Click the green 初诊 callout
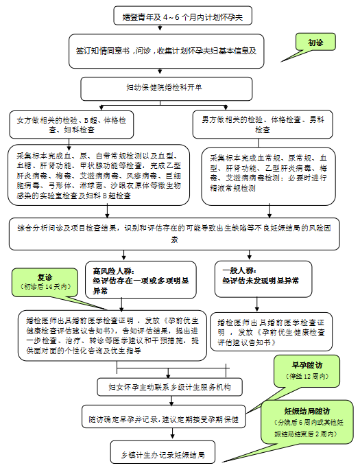point(315,42)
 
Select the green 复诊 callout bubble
point(45,283)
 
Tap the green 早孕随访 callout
point(307,371)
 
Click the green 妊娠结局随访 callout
point(307,422)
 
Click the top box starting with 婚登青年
point(182,16)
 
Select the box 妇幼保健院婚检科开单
point(167,89)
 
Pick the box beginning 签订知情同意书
point(167,51)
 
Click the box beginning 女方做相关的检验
point(71,125)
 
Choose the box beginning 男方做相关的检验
point(263,124)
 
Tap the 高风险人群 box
point(141,280)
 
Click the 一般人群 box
point(263,279)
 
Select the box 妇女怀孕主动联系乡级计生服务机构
point(169,387)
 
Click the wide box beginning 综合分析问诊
point(174,234)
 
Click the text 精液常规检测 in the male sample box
point(232,188)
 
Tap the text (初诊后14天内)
point(45,287)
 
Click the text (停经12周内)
point(307,377)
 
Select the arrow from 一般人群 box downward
point(257,304)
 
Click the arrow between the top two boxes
point(160,28)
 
